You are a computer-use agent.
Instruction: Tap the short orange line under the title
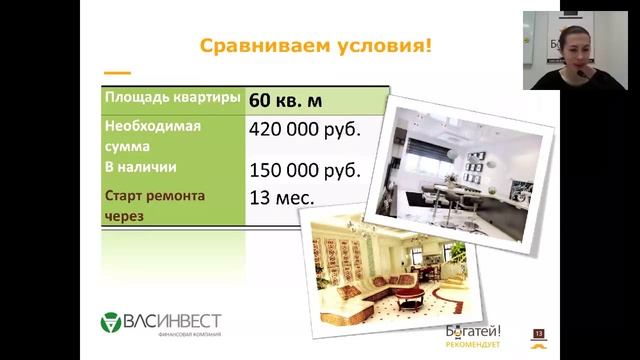coord(118,73)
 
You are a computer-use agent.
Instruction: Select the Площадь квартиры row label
coord(172,99)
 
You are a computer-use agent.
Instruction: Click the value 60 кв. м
coord(291,100)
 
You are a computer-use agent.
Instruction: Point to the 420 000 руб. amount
coord(304,130)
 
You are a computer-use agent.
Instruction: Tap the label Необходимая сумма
coord(154,136)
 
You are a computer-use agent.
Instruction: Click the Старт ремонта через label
coord(155,205)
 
